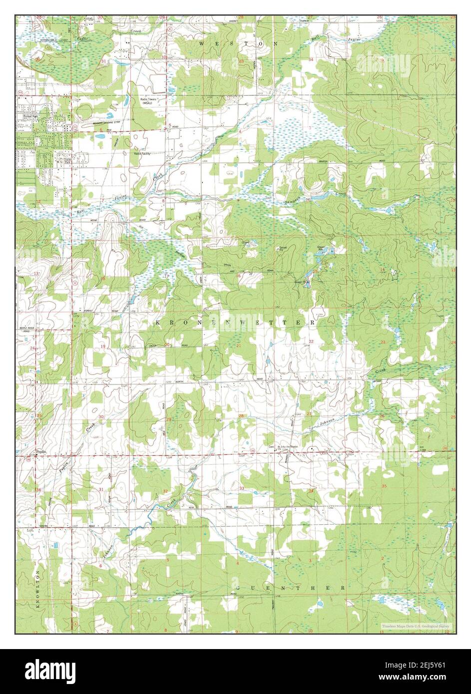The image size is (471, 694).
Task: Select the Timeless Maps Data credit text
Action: tap(416, 626)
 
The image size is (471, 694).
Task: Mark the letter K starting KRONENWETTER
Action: tap(158, 323)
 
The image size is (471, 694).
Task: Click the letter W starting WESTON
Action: tap(202, 44)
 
